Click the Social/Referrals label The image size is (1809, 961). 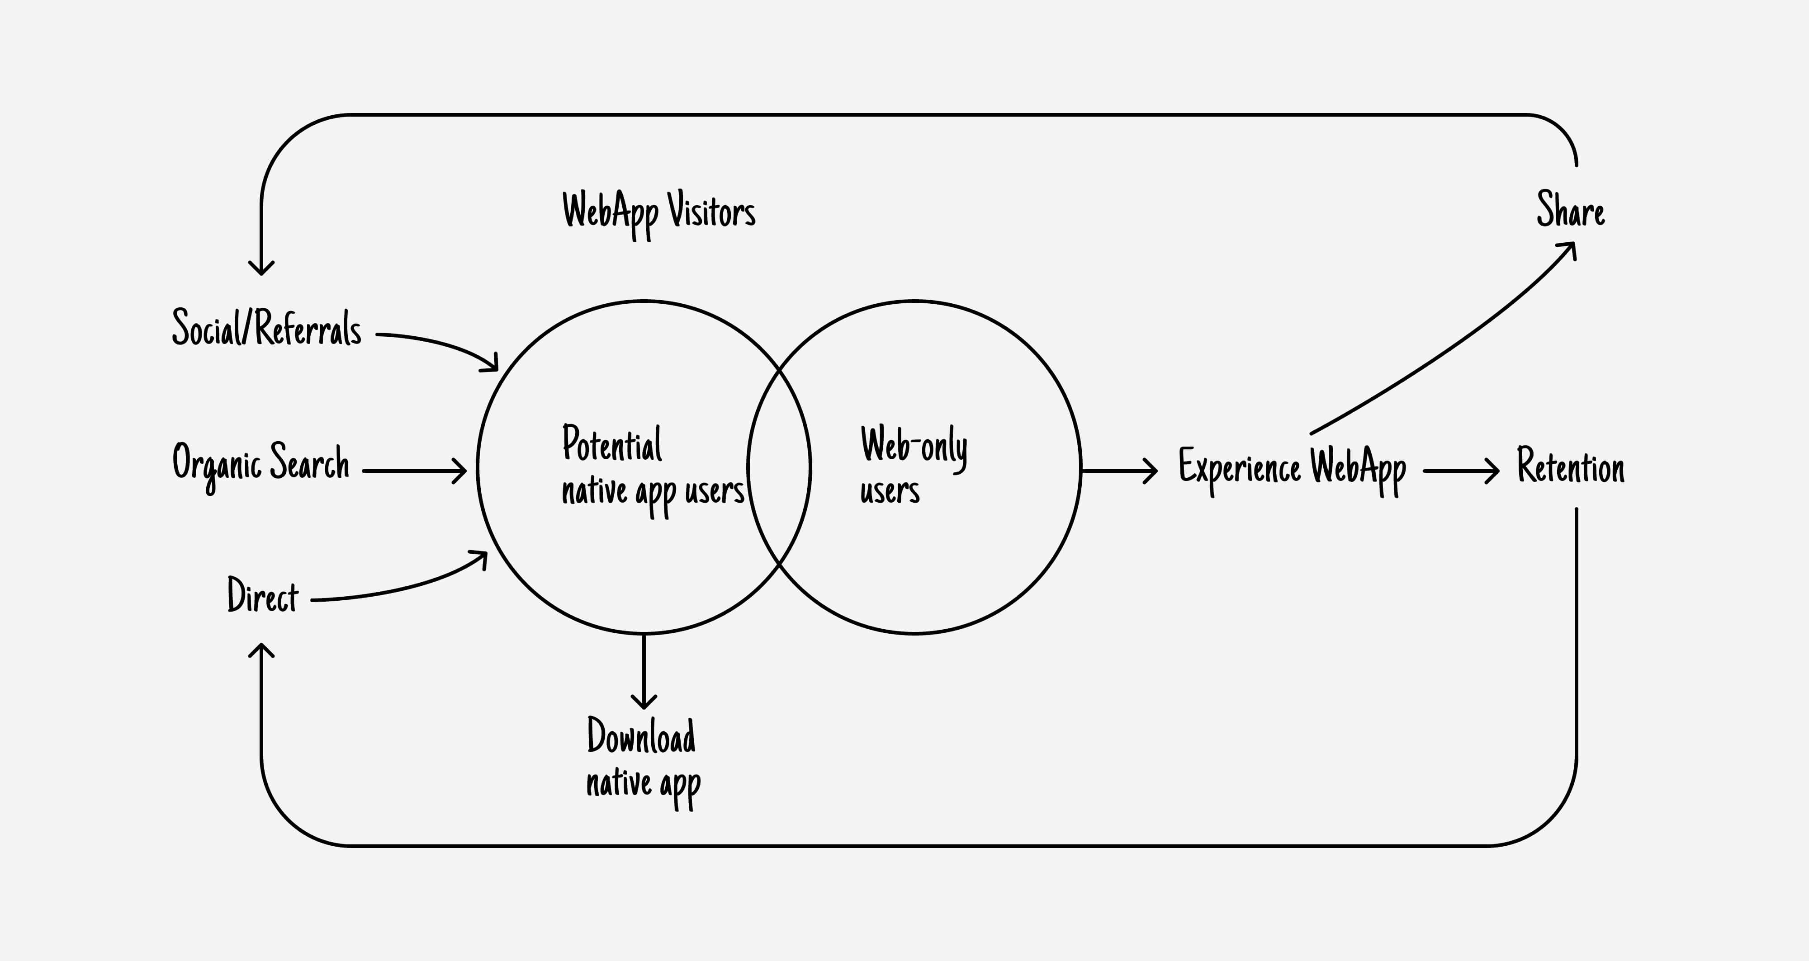tap(267, 328)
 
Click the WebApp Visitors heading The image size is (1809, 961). tap(659, 211)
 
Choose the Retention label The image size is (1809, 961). tap(1570, 466)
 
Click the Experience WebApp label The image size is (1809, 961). tap(1292, 467)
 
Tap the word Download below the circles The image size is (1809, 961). tap(641, 736)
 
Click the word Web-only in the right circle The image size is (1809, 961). tap(914, 445)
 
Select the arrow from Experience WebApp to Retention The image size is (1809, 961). tap(1461, 470)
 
